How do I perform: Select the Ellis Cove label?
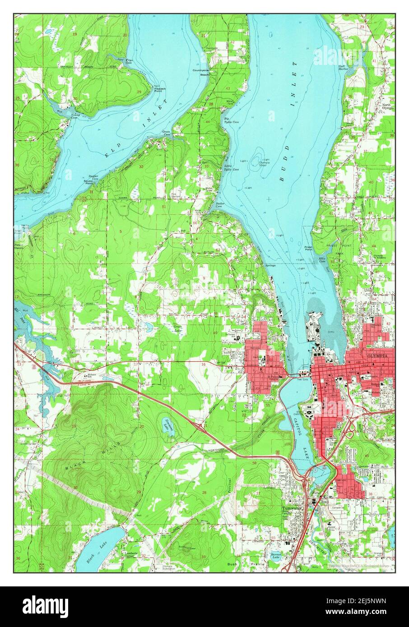pos(322,260)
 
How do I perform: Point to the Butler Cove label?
pos(220,205)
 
